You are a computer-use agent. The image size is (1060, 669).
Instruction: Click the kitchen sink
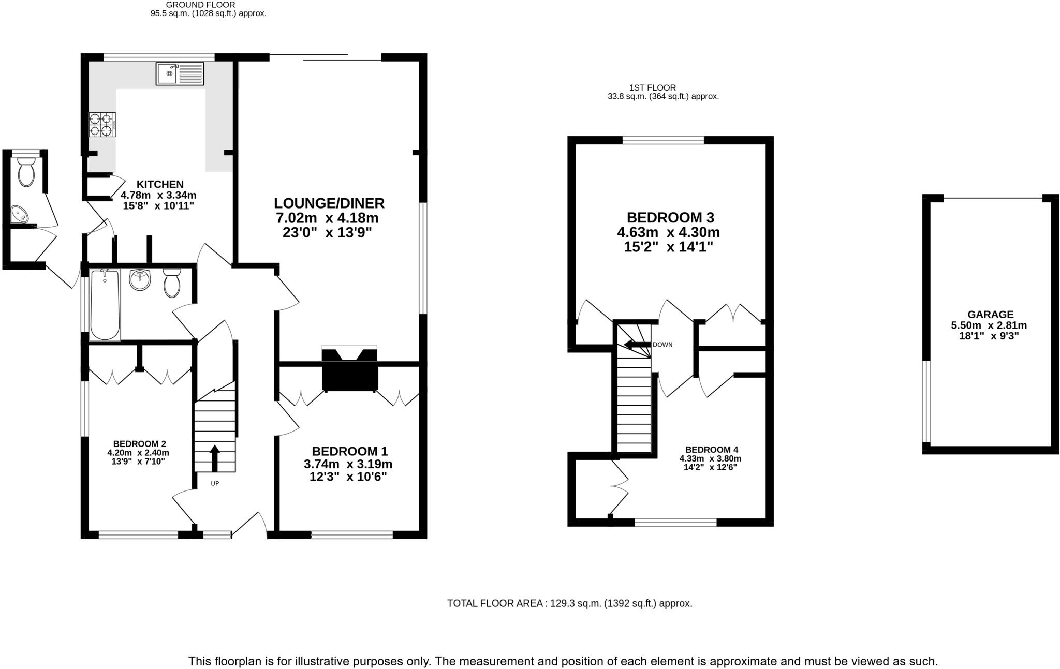(x=180, y=73)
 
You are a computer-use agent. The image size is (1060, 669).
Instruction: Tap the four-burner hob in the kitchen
(x=101, y=124)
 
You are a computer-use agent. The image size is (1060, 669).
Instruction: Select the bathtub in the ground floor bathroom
(x=105, y=305)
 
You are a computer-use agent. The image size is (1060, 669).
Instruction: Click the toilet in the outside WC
(x=25, y=172)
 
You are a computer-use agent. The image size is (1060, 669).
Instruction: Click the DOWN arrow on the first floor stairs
(x=637, y=345)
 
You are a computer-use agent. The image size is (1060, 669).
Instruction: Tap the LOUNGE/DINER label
(x=329, y=203)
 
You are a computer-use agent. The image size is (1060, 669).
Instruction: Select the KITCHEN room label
(x=160, y=184)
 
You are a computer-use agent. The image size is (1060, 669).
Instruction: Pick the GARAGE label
(x=990, y=315)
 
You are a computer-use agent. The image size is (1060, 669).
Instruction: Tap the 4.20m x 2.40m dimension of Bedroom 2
(x=138, y=453)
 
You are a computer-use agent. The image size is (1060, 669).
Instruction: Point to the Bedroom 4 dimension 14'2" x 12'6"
(x=710, y=467)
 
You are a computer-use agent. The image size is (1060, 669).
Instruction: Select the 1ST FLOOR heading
(x=652, y=88)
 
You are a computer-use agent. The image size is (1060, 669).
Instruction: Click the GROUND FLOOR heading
(x=201, y=5)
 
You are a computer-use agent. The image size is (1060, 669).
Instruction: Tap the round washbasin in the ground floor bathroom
(x=140, y=280)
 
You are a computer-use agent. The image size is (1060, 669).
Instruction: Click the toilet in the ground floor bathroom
(x=172, y=283)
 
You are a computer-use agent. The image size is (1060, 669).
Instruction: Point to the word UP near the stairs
(x=215, y=484)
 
